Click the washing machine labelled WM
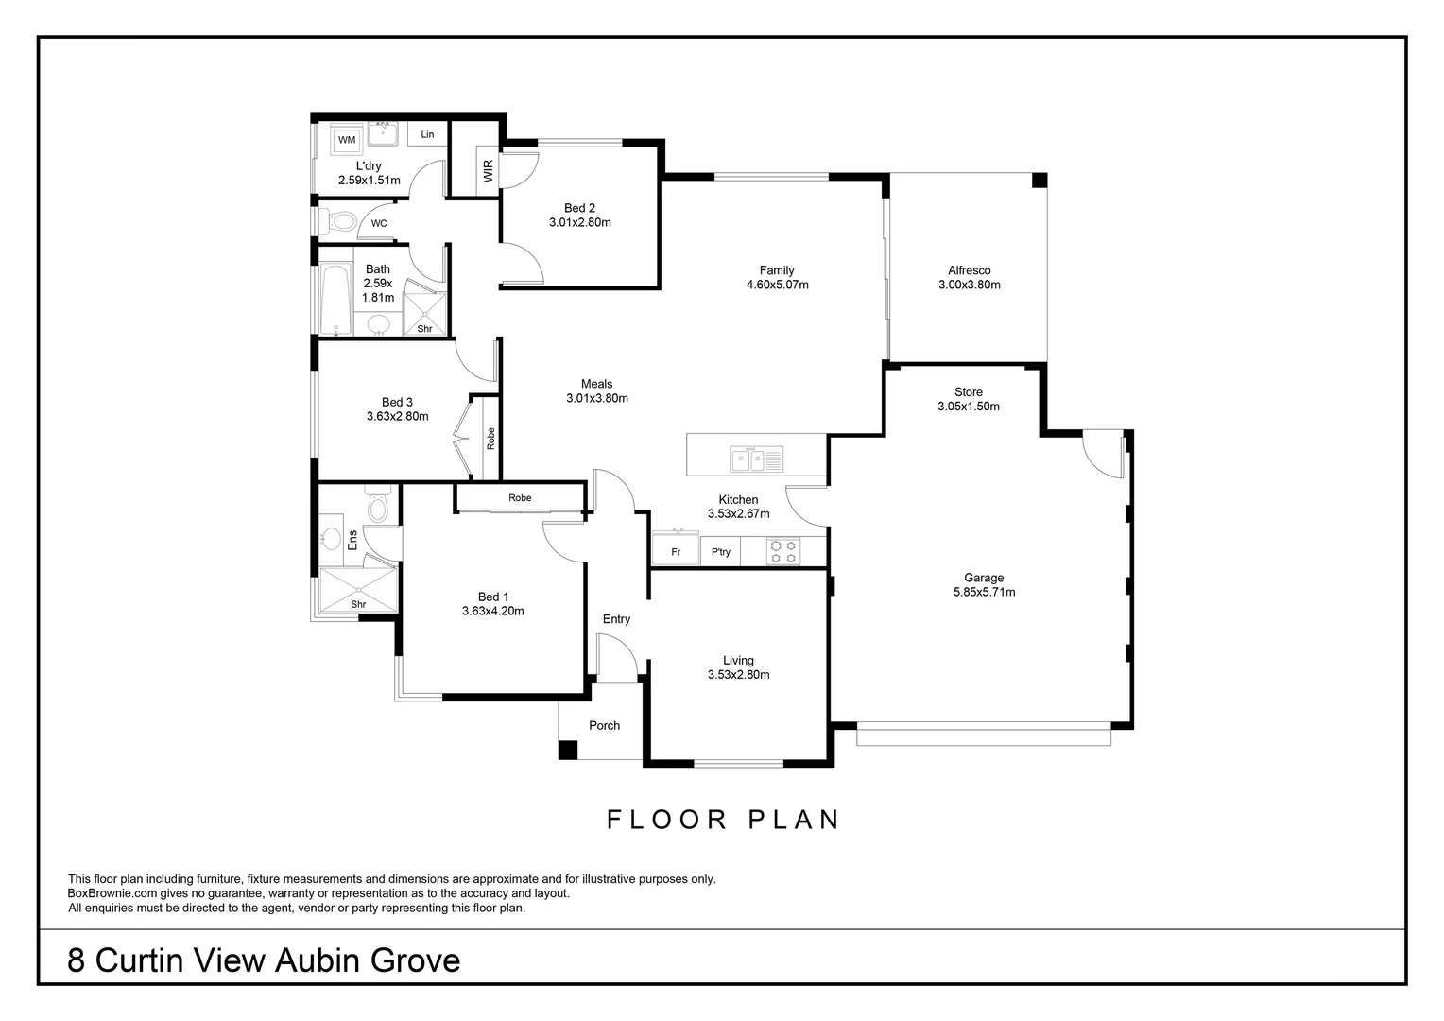click(x=347, y=140)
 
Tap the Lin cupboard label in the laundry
click(x=427, y=134)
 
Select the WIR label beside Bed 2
click(x=489, y=170)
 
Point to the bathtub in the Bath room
click(x=335, y=301)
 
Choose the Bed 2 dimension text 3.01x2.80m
click(x=579, y=223)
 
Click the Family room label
click(x=777, y=270)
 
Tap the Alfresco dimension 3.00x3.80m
click(x=969, y=285)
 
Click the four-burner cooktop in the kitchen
click(x=782, y=551)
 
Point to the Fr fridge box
click(x=676, y=552)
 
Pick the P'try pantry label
click(x=720, y=552)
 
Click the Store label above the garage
click(x=968, y=392)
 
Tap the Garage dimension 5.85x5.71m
click(x=984, y=593)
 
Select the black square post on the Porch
click(x=567, y=750)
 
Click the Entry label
click(x=616, y=619)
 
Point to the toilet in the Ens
click(x=377, y=507)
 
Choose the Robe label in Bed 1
click(x=520, y=498)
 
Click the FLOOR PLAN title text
click(x=723, y=820)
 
